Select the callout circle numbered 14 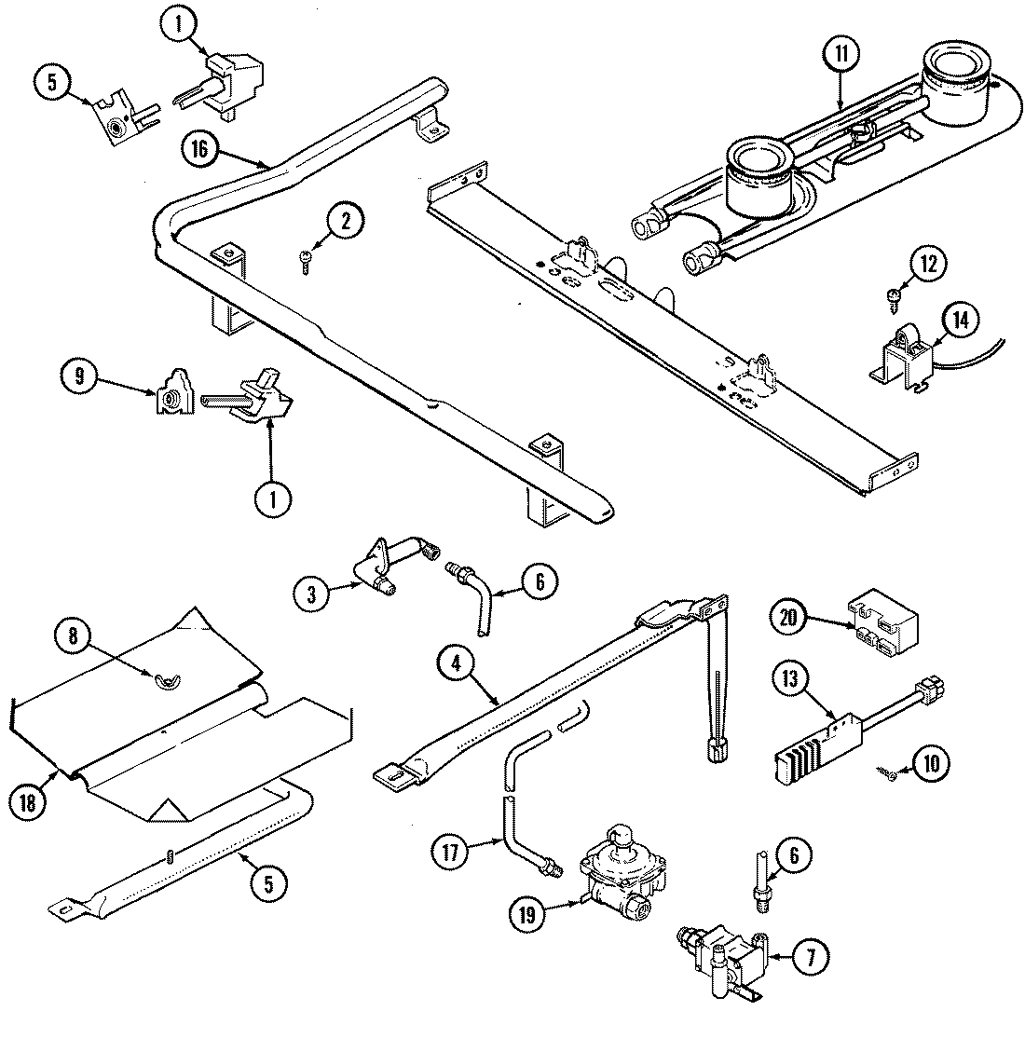click(961, 320)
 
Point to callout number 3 click(312, 591)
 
